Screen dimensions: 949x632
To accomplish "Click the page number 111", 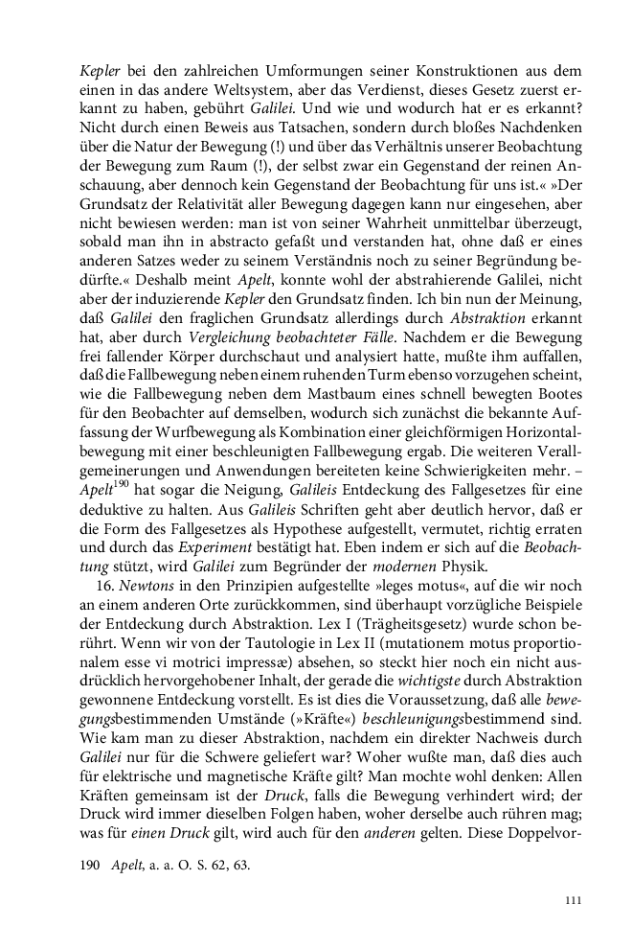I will [x=574, y=900].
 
